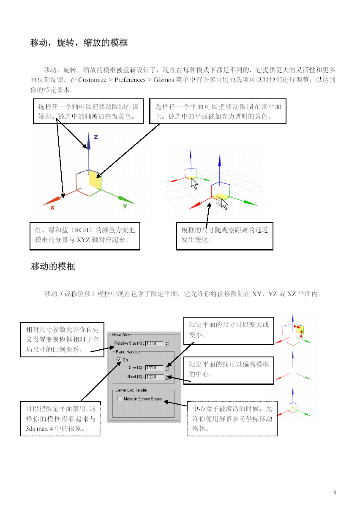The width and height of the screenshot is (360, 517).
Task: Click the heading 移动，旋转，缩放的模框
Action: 79,43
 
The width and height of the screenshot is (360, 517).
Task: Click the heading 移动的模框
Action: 53,267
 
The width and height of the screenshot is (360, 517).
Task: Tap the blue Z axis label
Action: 96,137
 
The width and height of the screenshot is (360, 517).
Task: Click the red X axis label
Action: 52,207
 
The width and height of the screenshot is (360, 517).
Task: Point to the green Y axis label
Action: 125,207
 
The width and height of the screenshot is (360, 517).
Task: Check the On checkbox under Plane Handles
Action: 119,360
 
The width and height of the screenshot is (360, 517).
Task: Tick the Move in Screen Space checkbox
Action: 120,399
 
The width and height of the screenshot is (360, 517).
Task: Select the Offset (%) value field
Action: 154,376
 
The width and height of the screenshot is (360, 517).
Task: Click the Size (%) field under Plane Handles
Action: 154,368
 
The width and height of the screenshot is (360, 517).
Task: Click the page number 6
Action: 335,492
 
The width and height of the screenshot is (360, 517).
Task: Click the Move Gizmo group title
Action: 122,335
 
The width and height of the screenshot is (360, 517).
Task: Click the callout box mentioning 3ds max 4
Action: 60,419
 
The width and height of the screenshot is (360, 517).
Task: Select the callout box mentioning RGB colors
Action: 85,236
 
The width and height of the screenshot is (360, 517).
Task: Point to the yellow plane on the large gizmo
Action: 95,179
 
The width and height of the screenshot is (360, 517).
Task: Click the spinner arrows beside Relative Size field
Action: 167,343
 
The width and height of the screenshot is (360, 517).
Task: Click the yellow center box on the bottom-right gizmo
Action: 292,409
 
